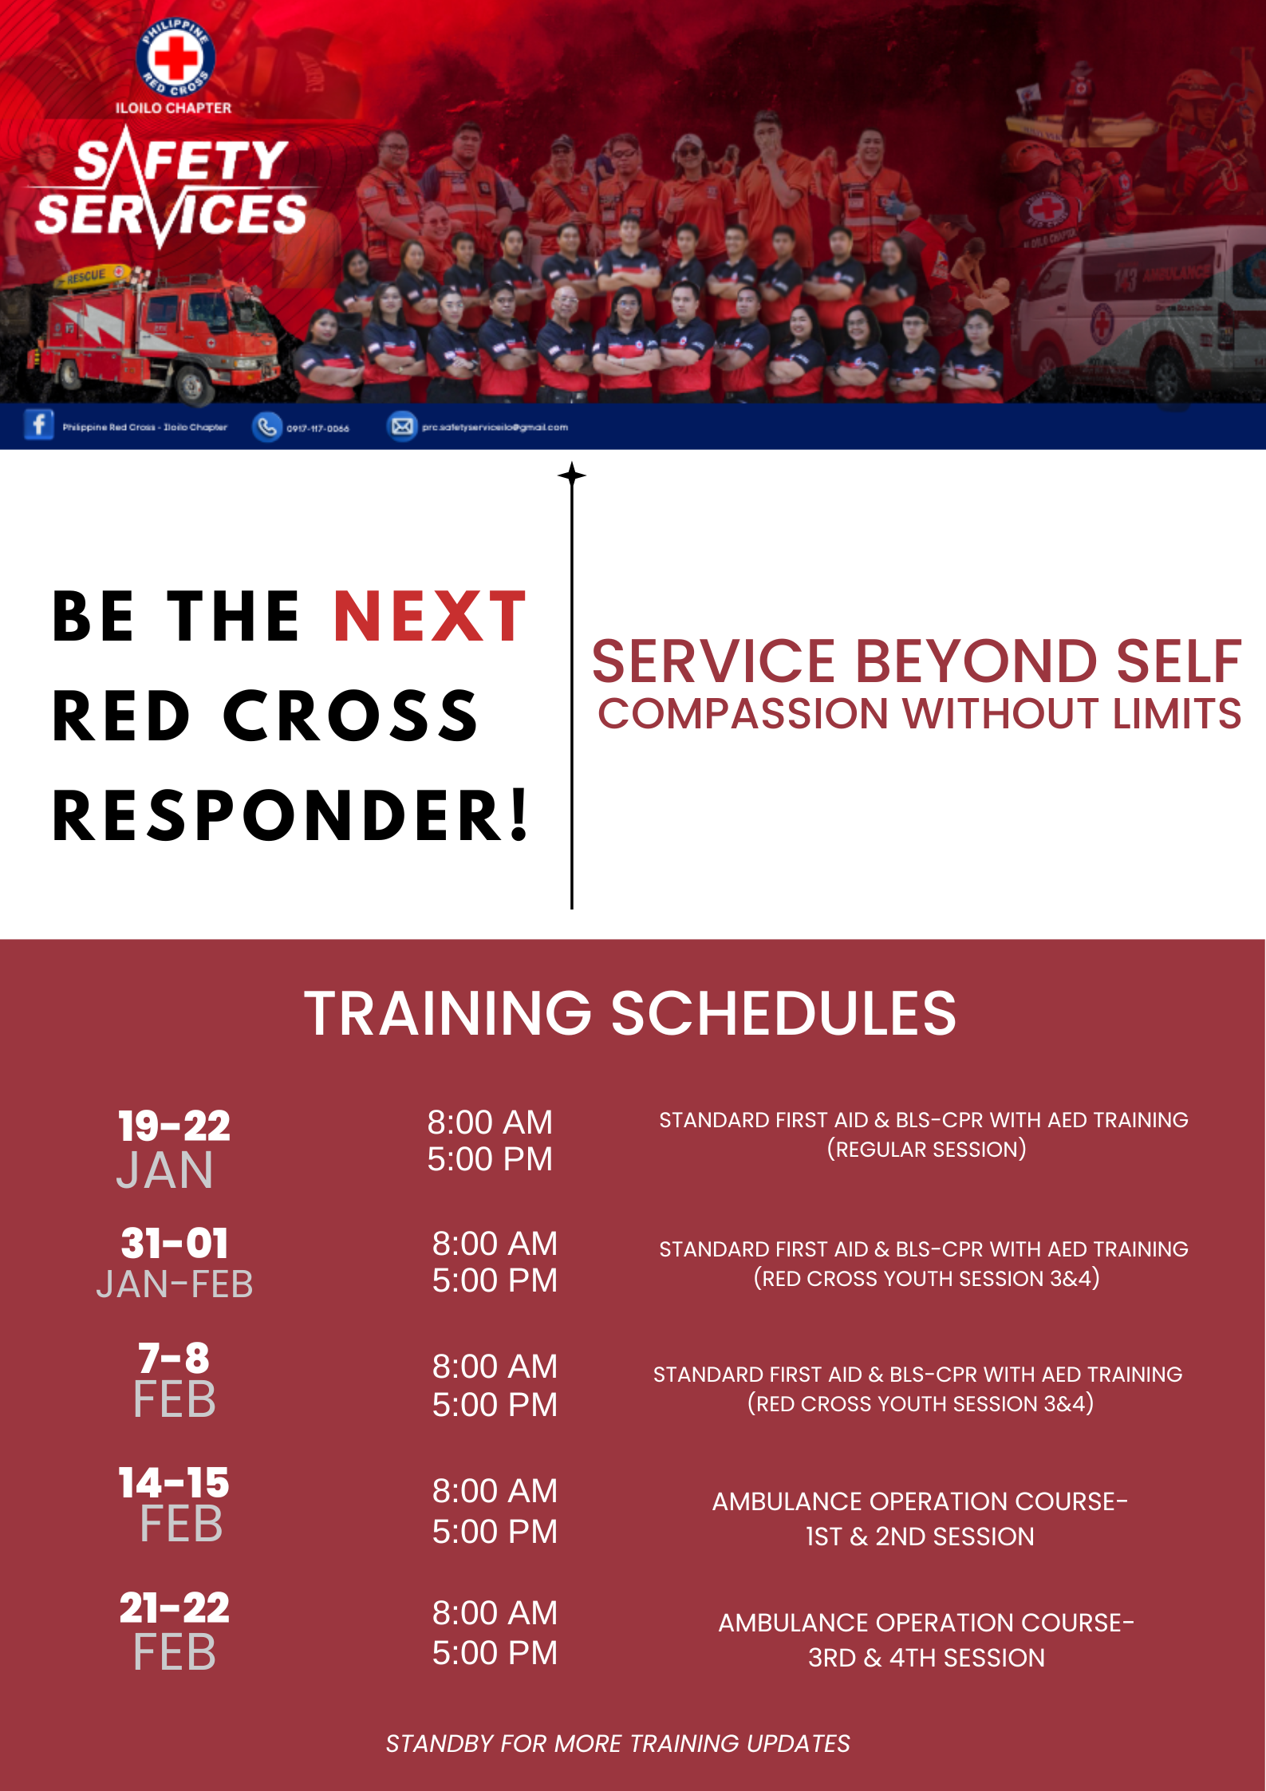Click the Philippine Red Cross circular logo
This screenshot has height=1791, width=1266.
[x=175, y=56]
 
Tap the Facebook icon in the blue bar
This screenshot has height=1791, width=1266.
[x=38, y=425]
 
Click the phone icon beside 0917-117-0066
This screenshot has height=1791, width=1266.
[x=266, y=427]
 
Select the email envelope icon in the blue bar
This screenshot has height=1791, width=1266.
[x=402, y=427]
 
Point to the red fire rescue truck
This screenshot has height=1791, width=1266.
[x=160, y=335]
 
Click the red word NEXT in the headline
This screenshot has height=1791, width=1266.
[x=430, y=617]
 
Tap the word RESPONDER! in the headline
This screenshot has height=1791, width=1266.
[x=290, y=815]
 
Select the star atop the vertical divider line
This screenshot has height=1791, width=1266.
[x=571, y=475]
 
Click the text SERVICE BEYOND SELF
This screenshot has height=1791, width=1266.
[x=916, y=661]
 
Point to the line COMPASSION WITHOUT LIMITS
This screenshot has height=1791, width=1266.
[x=919, y=713]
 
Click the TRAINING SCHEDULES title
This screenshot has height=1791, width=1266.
[x=630, y=1013]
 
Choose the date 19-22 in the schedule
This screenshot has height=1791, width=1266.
[x=174, y=1126]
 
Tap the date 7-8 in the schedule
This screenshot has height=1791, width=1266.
[x=174, y=1357]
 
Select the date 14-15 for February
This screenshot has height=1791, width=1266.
[x=174, y=1482]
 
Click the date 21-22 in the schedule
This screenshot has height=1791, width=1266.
[x=174, y=1607]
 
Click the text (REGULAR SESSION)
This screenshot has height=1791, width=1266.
[x=926, y=1150]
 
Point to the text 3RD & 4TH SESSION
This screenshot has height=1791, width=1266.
[x=926, y=1658]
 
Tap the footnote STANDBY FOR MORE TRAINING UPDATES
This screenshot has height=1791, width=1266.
[x=617, y=1744]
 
